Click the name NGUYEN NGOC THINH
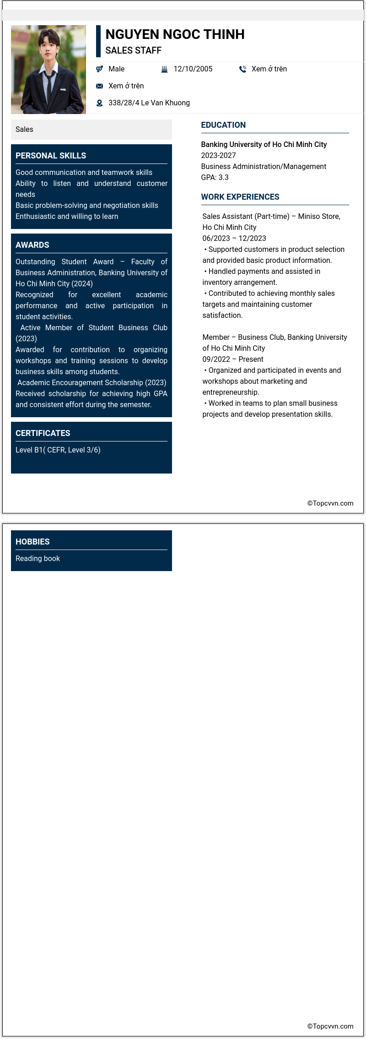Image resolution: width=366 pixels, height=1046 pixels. pos(175,34)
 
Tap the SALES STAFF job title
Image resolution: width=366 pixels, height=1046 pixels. pos(133,50)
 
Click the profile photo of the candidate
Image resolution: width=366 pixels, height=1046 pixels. pos(48,70)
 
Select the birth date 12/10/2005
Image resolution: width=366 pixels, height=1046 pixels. pos(193,69)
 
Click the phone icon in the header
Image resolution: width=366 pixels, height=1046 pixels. pos(242,69)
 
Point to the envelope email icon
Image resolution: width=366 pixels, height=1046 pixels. pos(99,86)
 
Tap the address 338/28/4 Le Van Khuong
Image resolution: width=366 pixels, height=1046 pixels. pos(149,103)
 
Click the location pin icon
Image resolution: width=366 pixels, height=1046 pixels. pos(99,103)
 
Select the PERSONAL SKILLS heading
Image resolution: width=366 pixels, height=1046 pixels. pos(51,156)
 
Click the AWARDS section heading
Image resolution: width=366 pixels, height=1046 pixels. pos(32,245)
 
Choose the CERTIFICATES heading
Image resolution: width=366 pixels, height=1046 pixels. pos(43,433)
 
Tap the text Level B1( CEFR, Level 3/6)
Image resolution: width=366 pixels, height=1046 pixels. pos(58,450)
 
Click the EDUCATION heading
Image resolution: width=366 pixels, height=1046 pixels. pos(223,125)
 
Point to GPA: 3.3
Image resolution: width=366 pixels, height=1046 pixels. pos(215,178)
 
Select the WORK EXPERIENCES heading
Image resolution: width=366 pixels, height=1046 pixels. pos(240,197)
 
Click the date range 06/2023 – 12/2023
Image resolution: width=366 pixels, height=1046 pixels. pos(234,239)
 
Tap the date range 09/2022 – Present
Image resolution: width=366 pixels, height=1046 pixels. pos(233,360)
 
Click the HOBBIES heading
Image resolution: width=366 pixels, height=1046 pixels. pos(32,542)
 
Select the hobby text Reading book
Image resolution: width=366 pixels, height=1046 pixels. pos(38,559)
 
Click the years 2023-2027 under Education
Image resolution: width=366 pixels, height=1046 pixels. pos(218,156)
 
